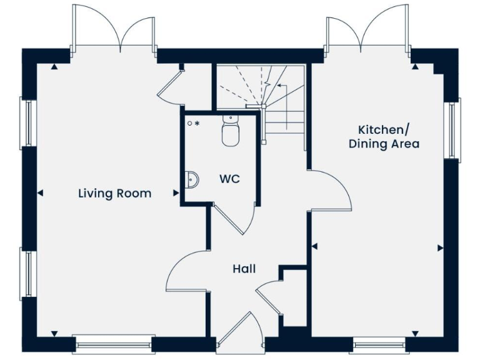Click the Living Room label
pyautogui.click(x=114, y=193)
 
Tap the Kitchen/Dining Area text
pyautogui.click(x=384, y=136)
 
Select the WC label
pyautogui.click(x=229, y=179)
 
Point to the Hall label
pyautogui.click(x=244, y=269)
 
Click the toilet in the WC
pyautogui.click(x=230, y=131)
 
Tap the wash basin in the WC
pyautogui.click(x=192, y=180)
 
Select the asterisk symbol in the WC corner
pyautogui.click(x=197, y=124)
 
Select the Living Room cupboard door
pyautogui.click(x=169, y=86)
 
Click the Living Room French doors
pyautogui.click(x=114, y=28)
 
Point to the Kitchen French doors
pyautogui.click(x=368, y=28)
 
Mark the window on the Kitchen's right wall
pyautogui.click(x=453, y=129)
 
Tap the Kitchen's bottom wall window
pyautogui.click(x=379, y=343)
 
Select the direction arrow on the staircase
pyautogui.click(x=279, y=85)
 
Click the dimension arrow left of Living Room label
pyautogui.click(x=41, y=194)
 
